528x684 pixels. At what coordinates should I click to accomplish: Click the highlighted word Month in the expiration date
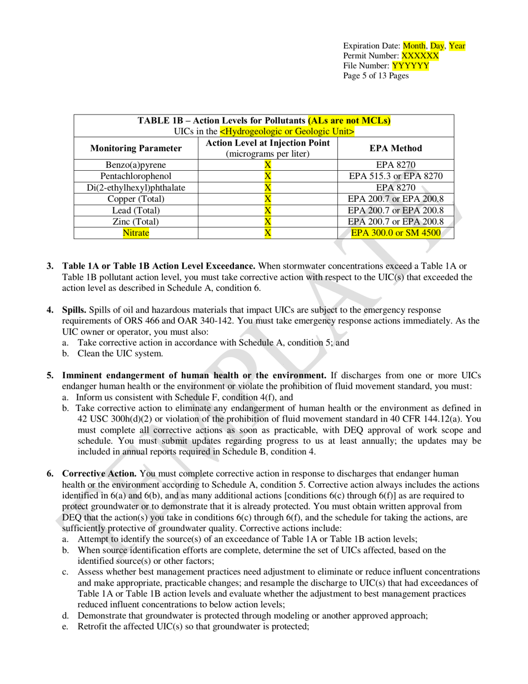414,46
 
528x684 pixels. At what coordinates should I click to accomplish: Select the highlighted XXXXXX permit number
420,56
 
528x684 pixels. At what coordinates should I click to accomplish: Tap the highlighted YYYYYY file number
410,66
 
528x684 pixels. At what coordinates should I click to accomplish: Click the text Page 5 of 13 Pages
376,76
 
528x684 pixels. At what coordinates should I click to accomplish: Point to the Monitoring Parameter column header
136,148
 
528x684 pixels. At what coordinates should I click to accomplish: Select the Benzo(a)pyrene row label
136,165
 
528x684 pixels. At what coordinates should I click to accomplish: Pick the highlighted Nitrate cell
136,233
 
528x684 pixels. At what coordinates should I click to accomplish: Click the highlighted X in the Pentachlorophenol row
267,176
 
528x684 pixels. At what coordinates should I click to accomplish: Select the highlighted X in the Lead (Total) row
267,210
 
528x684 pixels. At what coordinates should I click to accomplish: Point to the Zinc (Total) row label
136,221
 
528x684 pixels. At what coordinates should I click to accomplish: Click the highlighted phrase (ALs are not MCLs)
349,121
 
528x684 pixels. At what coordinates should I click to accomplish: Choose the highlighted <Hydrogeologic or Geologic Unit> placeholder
287,132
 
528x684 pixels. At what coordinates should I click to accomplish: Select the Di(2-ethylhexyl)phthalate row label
136,188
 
